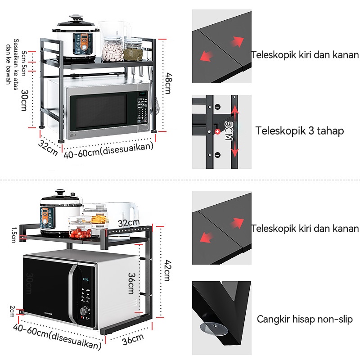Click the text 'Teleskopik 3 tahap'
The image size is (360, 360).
pyautogui.click(x=300, y=131)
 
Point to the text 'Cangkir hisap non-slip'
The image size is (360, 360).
pyautogui.click(x=305, y=319)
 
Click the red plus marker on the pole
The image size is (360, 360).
pyautogui.click(x=217, y=131)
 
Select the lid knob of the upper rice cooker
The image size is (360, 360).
pyautogui.click(x=74, y=18)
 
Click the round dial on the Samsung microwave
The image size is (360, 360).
pyautogui.click(x=84, y=311)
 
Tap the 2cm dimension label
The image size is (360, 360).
pyautogui.click(x=13, y=310)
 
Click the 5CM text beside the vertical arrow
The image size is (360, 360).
pyautogui.click(x=229, y=130)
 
